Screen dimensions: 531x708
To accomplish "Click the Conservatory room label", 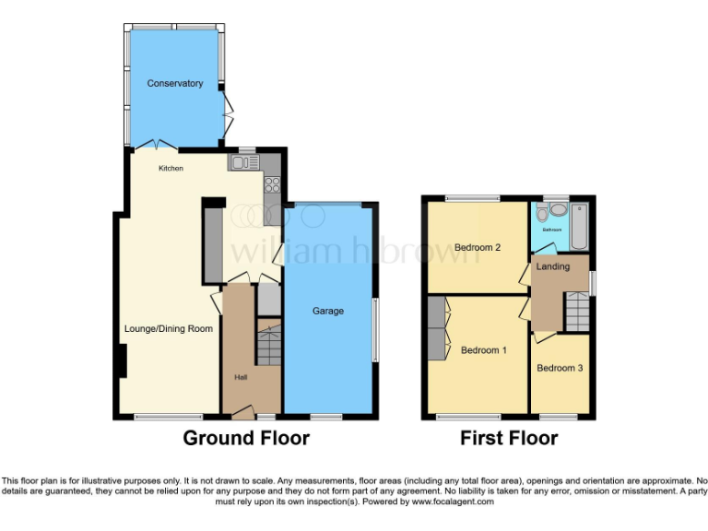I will (x=174, y=84).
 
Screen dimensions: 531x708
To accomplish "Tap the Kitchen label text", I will (x=171, y=169).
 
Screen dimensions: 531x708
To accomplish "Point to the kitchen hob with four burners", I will (x=272, y=184).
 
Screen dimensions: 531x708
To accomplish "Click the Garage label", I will (x=327, y=312).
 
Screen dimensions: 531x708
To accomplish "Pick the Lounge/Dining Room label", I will (x=168, y=329).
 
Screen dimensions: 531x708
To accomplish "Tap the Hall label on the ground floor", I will (x=241, y=377).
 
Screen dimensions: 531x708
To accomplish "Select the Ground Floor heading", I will (x=246, y=438).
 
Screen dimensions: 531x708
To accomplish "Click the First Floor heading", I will (x=509, y=438).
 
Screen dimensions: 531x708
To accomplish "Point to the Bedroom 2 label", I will (x=478, y=247).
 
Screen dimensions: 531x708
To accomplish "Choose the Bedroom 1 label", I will (x=484, y=350).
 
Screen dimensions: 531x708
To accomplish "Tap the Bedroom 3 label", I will (x=560, y=369).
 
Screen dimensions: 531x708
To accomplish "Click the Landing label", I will (x=553, y=267).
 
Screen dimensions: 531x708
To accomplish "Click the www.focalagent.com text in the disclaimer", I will (x=453, y=502).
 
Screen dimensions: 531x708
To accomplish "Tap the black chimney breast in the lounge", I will (x=121, y=360).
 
